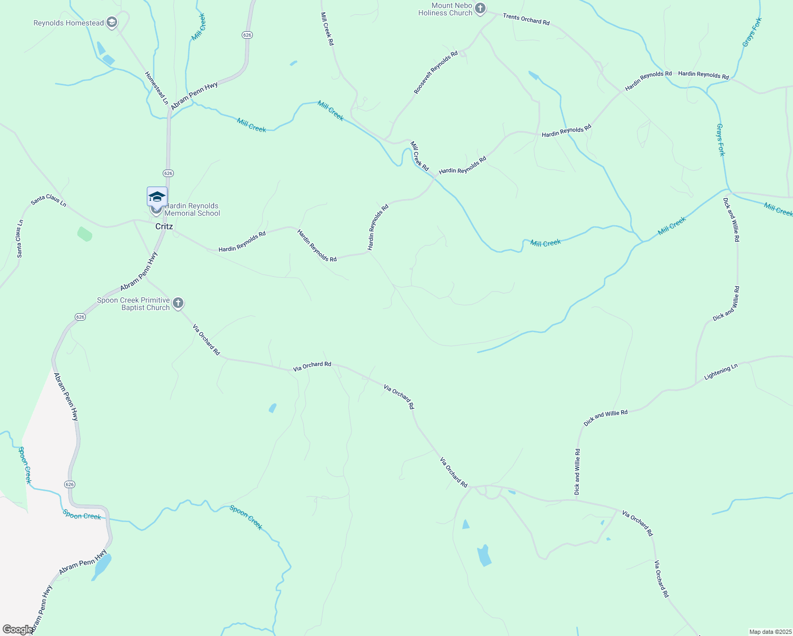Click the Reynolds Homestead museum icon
point(111,22)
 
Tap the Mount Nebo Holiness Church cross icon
point(480,8)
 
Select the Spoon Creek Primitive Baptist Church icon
point(178,303)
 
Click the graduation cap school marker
point(157,197)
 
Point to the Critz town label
point(164,226)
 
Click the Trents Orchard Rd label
point(526,20)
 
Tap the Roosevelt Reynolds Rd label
point(436,73)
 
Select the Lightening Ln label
point(720,372)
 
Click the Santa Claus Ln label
point(48,200)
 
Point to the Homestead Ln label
point(156,88)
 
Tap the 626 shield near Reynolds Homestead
point(247,34)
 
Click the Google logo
point(17,629)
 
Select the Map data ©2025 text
point(769,632)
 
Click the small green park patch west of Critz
point(84,234)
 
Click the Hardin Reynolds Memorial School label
point(191,209)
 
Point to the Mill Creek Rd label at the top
point(327,29)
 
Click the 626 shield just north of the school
point(168,173)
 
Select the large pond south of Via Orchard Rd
point(483,555)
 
